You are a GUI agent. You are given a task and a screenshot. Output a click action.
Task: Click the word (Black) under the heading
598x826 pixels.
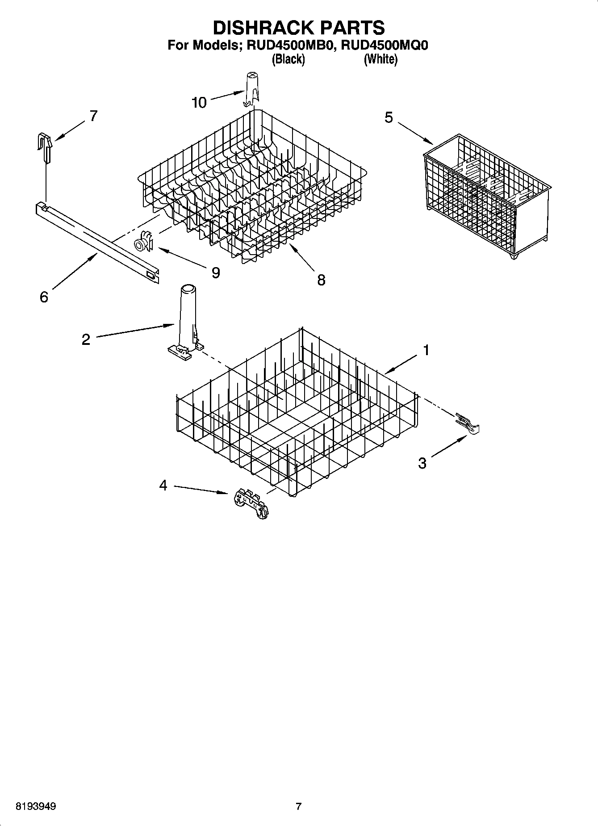pos(288,59)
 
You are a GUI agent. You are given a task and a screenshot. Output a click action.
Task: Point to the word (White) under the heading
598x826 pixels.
pos(380,59)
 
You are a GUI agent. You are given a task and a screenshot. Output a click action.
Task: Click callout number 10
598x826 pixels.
pos(199,103)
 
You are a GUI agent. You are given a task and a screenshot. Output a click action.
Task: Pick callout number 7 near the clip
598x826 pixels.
pos(93,116)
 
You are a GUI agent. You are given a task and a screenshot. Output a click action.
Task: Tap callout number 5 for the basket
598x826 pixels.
pos(389,117)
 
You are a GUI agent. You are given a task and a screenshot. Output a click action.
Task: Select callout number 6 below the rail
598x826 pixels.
pos(43,297)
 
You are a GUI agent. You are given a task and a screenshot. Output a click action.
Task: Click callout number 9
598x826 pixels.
pos(216,273)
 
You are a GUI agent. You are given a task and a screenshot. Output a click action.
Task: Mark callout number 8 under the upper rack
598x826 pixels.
pos(321,280)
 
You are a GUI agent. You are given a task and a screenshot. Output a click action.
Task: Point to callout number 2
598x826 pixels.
pos(86,340)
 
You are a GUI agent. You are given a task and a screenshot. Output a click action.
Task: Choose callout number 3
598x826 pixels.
pos(422,463)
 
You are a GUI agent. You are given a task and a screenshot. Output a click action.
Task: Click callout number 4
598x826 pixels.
pos(163,485)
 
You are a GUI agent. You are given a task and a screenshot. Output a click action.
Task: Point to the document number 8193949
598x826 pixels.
pos(36,806)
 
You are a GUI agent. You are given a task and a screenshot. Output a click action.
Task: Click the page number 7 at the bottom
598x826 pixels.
pos(298,806)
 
